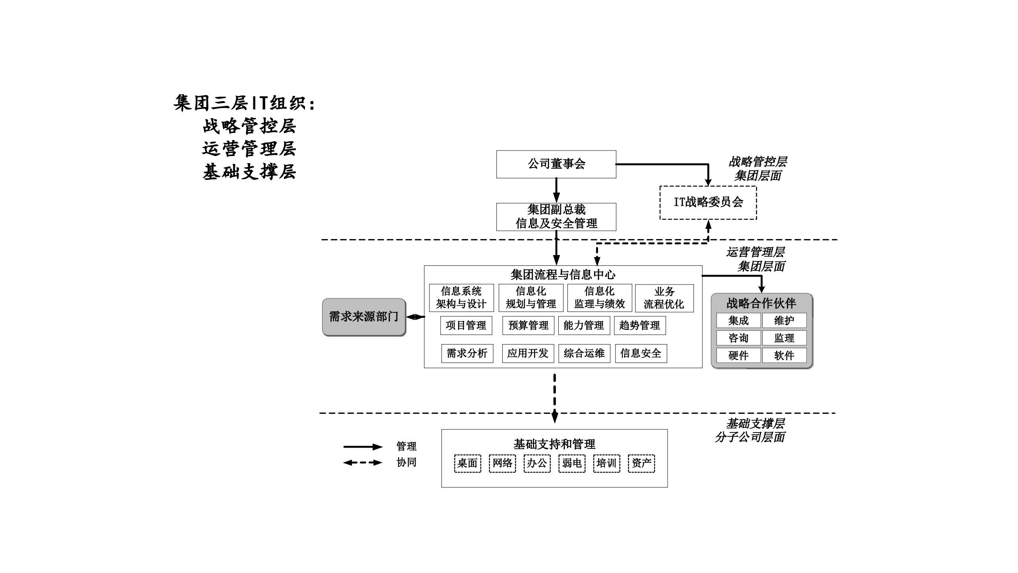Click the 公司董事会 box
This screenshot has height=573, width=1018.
(x=556, y=164)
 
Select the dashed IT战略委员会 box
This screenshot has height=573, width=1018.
(x=708, y=202)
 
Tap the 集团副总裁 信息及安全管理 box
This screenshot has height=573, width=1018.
(x=556, y=217)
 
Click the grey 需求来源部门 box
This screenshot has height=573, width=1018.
(x=363, y=317)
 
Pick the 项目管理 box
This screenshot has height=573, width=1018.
(x=466, y=325)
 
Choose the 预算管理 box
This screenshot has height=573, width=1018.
(x=528, y=325)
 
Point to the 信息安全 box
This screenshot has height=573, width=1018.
(x=640, y=353)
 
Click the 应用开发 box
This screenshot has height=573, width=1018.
(x=527, y=353)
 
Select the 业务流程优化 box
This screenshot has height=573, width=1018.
(x=664, y=298)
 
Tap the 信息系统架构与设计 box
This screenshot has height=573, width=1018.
(x=461, y=298)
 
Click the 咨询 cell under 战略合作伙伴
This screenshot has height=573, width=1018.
(x=738, y=338)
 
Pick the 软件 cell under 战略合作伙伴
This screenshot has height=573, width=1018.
(x=784, y=355)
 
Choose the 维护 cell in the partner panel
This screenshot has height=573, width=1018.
(x=784, y=320)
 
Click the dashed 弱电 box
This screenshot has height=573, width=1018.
(x=571, y=463)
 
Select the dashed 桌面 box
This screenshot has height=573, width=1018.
(x=467, y=463)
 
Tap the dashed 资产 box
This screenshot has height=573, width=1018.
(x=641, y=463)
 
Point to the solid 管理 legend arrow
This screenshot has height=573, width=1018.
(x=363, y=447)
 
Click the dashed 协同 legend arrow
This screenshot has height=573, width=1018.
(x=363, y=462)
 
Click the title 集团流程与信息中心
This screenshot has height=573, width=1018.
(x=563, y=275)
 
